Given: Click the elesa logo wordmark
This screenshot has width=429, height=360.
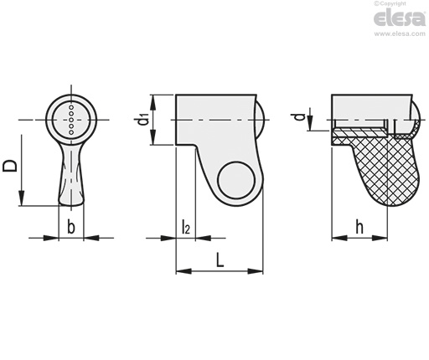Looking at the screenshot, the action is tap(400, 18).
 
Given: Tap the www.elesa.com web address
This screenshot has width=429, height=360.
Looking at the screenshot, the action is tap(400, 33).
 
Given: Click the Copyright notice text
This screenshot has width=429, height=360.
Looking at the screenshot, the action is tap(390, 3).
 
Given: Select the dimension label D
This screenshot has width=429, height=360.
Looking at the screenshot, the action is tap(10, 166).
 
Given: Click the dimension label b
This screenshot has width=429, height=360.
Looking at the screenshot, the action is tap(71, 227).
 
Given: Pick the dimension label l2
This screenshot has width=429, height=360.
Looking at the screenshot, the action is tap(186, 226).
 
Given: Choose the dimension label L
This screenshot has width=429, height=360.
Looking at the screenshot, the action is tap(220, 260).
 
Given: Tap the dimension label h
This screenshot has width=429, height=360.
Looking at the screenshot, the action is tap(359, 227).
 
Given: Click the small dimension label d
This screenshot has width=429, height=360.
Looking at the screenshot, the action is tap(300, 116).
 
